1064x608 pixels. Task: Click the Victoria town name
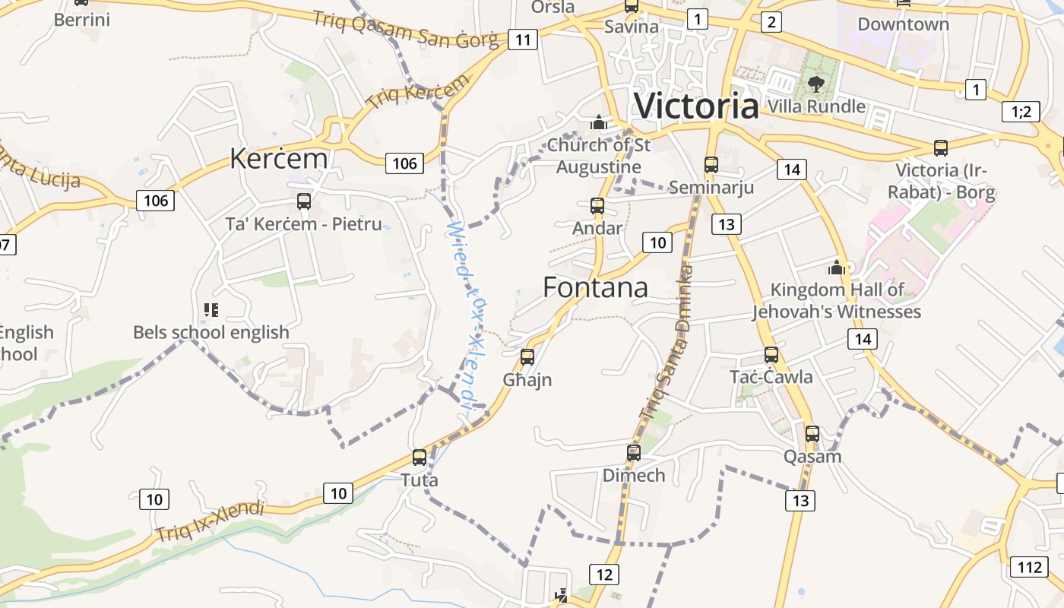(x=696, y=106)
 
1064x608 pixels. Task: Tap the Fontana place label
(x=596, y=287)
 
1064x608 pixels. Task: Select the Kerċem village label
(x=279, y=159)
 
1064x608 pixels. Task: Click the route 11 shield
(x=523, y=39)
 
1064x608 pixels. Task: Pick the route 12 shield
(x=604, y=574)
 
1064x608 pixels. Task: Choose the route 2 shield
(x=771, y=21)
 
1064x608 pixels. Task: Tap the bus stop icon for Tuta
(x=420, y=458)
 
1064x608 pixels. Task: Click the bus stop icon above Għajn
(x=527, y=356)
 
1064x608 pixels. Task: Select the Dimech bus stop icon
(x=634, y=453)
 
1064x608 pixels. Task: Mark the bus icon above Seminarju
(x=711, y=164)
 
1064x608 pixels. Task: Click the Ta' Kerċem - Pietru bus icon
(x=304, y=201)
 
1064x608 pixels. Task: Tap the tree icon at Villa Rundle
(x=816, y=83)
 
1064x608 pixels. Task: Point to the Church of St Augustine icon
(x=599, y=122)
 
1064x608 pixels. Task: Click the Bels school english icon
(x=211, y=309)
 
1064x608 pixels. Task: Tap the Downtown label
(x=903, y=24)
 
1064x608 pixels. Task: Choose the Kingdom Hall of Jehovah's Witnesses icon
(x=837, y=268)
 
